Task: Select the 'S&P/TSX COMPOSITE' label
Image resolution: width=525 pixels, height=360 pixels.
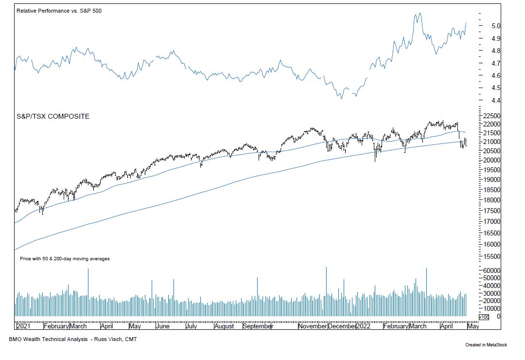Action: (x=53, y=116)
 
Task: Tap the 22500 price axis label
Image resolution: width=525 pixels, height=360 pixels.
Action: (x=492, y=116)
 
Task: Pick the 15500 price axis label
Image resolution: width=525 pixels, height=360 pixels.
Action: (x=492, y=256)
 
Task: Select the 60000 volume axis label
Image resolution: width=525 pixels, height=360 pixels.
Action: (x=492, y=270)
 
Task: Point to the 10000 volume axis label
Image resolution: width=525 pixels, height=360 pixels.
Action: (x=492, y=309)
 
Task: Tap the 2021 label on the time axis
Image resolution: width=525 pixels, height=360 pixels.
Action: (x=23, y=327)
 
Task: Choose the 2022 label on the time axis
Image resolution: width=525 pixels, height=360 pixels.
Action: (x=365, y=327)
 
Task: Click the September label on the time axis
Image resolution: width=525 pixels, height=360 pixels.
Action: (x=258, y=327)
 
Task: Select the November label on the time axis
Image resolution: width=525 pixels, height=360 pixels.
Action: (x=313, y=327)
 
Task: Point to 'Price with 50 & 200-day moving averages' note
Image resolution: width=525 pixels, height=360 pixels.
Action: (x=65, y=259)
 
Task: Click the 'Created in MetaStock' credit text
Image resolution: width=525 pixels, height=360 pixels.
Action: (x=486, y=345)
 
